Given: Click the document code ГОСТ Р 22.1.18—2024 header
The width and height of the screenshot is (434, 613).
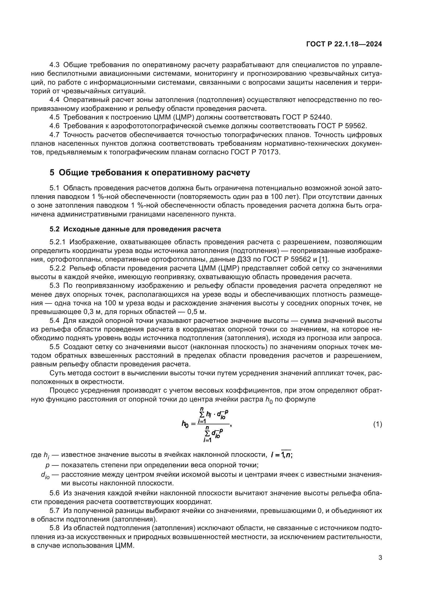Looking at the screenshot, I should pyautogui.click(x=344, y=44).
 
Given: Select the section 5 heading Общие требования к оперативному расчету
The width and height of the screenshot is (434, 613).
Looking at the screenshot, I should pyautogui.click(x=150, y=173).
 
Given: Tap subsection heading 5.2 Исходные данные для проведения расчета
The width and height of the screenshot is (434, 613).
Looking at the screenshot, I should pyautogui.click(x=135, y=229).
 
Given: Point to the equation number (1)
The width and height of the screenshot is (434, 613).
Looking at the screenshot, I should pyautogui.click(x=377, y=424).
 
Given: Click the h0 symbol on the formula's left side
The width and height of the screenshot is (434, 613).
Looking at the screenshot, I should pyautogui.click(x=185, y=424).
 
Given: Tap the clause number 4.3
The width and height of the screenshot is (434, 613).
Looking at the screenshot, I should pyautogui.click(x=55, y=65).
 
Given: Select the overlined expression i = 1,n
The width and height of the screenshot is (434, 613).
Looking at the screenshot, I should pyautogui.click(x=281, y=455).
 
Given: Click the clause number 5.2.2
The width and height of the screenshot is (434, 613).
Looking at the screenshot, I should pyautogui.click(x=57, y=268).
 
